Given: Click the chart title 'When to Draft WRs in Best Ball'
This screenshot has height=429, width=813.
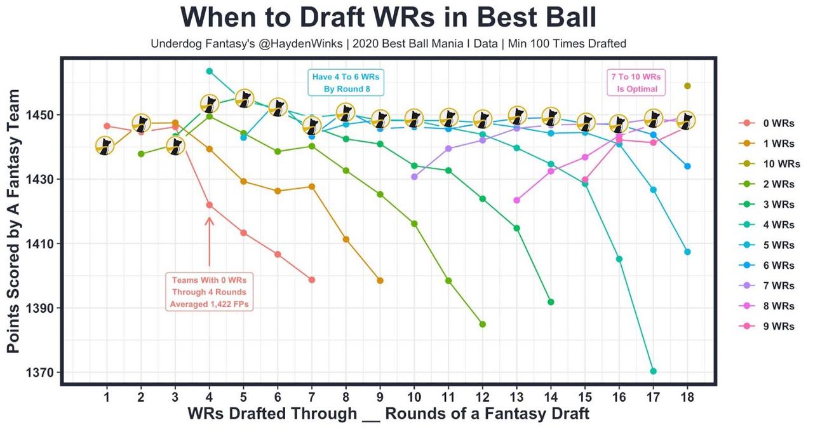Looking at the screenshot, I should click(388, 17).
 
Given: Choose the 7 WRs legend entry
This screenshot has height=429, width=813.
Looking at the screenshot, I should click(779, 285).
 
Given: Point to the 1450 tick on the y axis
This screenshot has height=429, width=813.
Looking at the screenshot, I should click(42, 115).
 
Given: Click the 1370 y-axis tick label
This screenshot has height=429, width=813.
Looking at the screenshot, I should click(42, 372).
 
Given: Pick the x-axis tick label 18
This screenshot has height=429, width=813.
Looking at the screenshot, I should click(687, 398).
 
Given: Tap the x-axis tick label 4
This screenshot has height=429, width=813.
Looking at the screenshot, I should click(210, 398).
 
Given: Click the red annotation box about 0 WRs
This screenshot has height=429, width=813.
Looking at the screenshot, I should click(209, 292).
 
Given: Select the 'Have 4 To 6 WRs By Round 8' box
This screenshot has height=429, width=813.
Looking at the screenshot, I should click(346, 83).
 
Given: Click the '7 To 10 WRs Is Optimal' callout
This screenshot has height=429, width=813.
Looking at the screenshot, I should click(637, 83).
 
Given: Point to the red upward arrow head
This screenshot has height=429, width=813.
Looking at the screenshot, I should click(209, 220).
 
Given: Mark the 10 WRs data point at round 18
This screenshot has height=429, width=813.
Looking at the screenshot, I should click(687, 86).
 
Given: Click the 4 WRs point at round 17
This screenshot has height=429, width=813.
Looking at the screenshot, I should click(653, 371).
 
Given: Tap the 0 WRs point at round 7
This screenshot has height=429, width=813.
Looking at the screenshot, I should click(312, 280).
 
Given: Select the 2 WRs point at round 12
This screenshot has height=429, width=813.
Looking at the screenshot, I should click(483, 324).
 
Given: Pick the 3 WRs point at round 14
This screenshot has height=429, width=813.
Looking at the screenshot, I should click(551, 302).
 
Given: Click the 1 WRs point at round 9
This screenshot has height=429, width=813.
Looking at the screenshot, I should click(380, 280).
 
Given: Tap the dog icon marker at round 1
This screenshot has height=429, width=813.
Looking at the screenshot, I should click(106, 146).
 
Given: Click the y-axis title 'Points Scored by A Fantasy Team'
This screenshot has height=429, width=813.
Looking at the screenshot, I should click(14, 221).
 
